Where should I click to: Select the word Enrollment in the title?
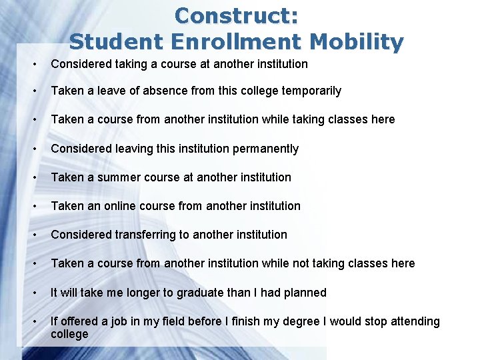237,42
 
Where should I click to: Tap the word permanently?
265,149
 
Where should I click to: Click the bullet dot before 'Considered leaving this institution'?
34,149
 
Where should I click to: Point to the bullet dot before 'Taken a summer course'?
34,178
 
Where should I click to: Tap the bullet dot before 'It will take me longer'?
34,293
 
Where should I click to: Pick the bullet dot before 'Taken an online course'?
34,207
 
